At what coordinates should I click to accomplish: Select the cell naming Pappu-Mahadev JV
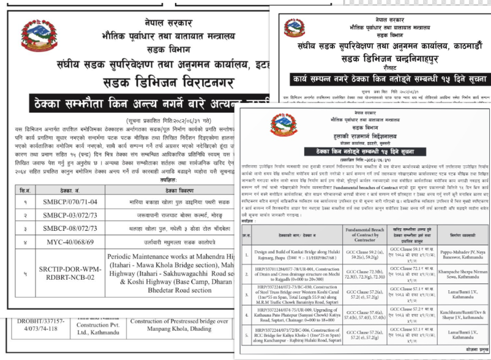coord(453,253)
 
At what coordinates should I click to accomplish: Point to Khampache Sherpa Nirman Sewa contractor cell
coord(453,274)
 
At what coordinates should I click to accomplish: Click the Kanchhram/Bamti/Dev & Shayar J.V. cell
coord(453,315)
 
